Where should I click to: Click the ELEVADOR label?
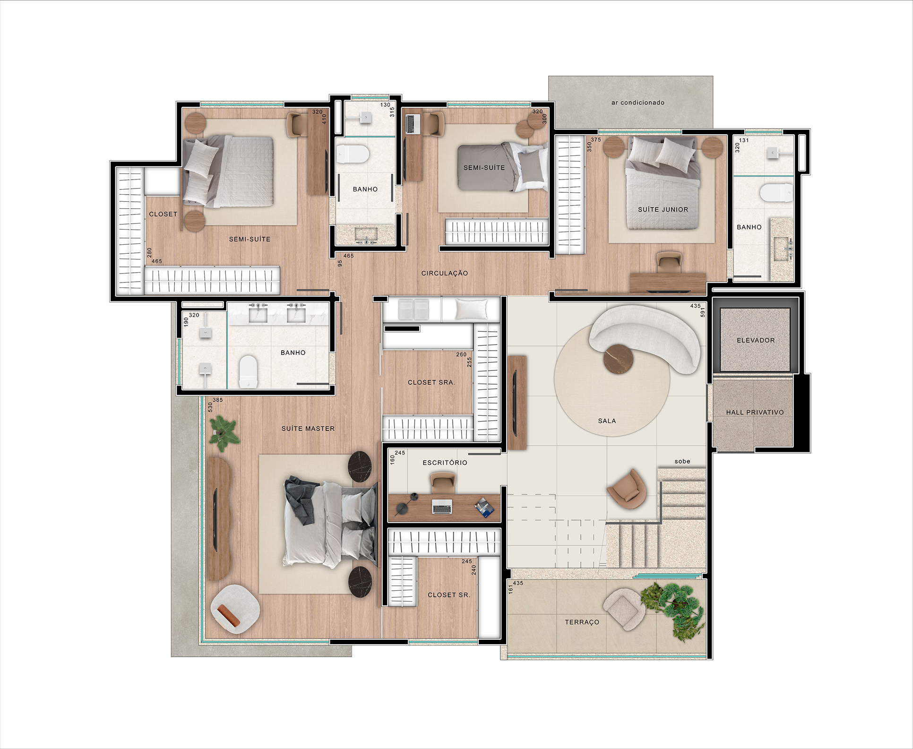point(756,340)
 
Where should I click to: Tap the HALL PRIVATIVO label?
point(755,413)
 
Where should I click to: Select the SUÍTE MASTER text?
point(308,429)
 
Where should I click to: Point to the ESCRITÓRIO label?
point(445,463)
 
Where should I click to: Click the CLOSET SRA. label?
point(431,382)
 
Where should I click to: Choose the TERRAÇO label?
point(582,622)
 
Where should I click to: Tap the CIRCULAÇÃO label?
point(445,273)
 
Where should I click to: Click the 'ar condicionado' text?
point(638,103)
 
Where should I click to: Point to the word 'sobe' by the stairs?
point(682,461)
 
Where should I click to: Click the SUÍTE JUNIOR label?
point(663,209)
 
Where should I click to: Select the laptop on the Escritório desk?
point(442,507)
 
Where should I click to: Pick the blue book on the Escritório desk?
point(485,507)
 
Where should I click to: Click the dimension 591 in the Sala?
point(703,312)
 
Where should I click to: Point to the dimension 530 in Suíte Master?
point(210,407)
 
